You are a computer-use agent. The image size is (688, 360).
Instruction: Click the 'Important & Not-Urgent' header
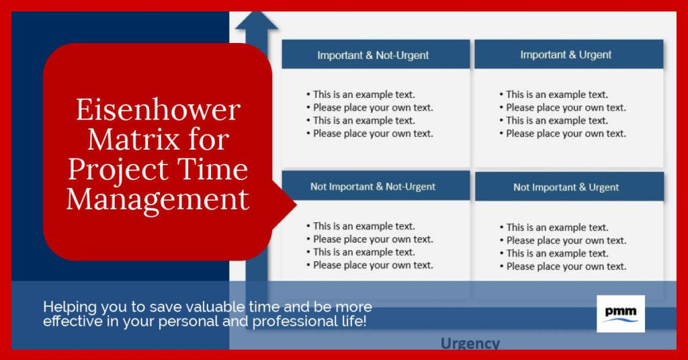[x=373, y=55]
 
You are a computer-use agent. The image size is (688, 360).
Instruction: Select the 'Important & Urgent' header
[x=566, y=55]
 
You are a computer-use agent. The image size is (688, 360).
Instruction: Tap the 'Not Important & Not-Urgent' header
[x=373, y=187]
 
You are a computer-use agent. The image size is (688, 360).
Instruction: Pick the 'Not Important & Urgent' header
[x=566, y=187]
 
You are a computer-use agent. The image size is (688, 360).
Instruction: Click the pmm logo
[x=620, y=314]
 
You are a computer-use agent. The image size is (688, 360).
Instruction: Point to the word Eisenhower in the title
[x=158, y=109]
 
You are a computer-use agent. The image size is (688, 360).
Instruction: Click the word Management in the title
[x=158, y=199]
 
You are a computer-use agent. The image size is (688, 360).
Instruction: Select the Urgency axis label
[x=470, y=344]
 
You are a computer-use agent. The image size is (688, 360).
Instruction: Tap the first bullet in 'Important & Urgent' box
[x=556, y=95]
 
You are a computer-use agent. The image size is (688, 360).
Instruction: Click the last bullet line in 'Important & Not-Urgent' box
[x=372, y=134]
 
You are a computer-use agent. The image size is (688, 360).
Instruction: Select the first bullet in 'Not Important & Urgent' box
[x=556, y=228]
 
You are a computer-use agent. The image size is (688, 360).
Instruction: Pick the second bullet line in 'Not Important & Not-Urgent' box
[x=372, y=239]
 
